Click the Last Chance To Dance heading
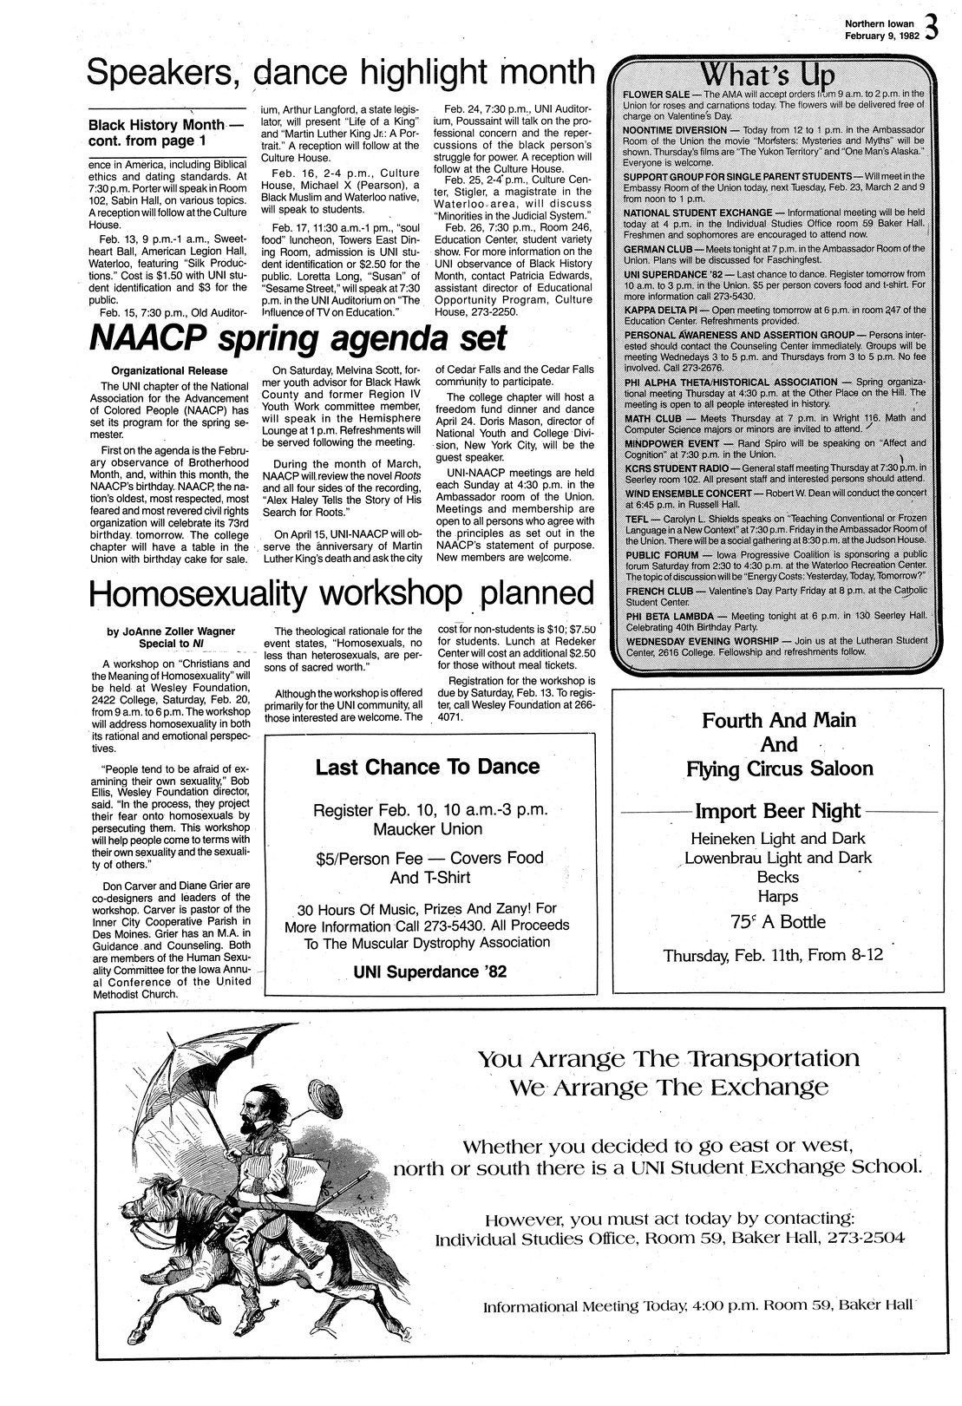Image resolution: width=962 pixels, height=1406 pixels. click(427, 767)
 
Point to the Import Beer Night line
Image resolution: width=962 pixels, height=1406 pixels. click(777, 811)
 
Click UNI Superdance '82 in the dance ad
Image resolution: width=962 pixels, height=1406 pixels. click(429, 971)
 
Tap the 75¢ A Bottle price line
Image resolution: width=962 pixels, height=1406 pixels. click(777, 922)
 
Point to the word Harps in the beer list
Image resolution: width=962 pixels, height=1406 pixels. click(777, 897)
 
